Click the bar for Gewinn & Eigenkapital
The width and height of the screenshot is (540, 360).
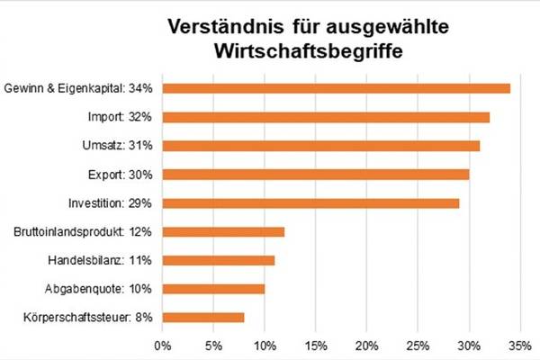337,88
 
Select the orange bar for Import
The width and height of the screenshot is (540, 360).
326,117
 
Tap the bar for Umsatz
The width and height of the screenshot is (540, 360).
321,146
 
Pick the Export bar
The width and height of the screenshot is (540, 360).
316,174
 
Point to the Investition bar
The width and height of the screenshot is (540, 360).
310,202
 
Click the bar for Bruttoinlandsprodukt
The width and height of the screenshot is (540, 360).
223,231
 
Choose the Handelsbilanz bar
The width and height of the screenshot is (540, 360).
219,260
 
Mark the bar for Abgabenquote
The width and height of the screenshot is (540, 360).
213,289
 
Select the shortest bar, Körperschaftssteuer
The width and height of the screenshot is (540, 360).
203,317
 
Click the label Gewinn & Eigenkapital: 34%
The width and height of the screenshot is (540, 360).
79,88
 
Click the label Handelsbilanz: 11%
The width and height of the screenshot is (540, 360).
104,260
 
